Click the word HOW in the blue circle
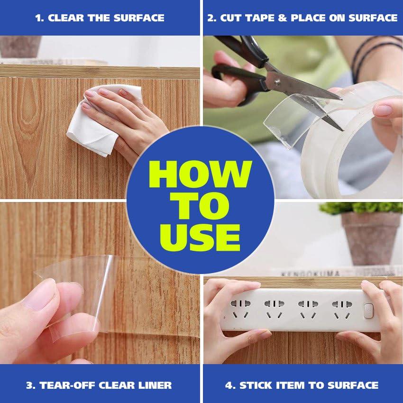pyautogui.click(x=201, y=174)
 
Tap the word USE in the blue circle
pyautogui.click(x=200, y=237)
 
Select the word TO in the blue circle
pyautogui.click(x=201, y=206)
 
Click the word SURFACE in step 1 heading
pyautogui.click(x=139, y=18)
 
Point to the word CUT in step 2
pyautogui.click(x=230, y=18)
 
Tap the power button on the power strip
pyautogui.click(x=368, y=311)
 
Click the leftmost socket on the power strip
pyautogui.click(x=240, y=309)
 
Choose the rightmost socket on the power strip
pyautogui.click(x=342, y=309)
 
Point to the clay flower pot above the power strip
pyautogui.click(x=371, y=238)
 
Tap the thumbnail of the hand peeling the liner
pyautogui.click(x=41, y=295)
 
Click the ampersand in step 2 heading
pyautogui.click(x=282, y=18)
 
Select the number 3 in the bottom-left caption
pyautogui.click(x=30, y=385)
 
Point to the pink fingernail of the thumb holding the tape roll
pyautogui.click(x=382, y=109)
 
